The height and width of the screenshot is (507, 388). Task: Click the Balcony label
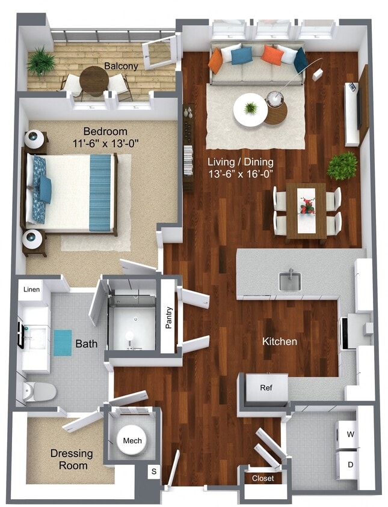click(x=121, y=65)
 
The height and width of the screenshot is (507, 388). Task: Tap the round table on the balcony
click(x=94, y=78)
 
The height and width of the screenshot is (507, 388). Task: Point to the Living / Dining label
click(x=241, y=162)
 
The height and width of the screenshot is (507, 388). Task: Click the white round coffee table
click(x=250, y=109)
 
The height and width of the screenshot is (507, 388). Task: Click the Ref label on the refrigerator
click(x=266, y=387)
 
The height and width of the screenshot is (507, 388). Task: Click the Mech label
click(x=132, y=441)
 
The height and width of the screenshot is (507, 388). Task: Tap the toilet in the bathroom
click(x=39, y=392)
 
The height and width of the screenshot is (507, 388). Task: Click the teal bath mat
click(x=63, y=342)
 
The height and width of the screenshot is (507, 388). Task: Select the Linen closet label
click(x=32, y=290)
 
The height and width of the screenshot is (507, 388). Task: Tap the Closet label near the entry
click(x=262, y=478)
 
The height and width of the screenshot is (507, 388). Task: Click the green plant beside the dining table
click(x=342, y=165)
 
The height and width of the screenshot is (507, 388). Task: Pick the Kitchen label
click(x=280, y=341)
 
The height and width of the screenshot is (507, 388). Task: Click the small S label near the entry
click(x=153, y=472)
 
